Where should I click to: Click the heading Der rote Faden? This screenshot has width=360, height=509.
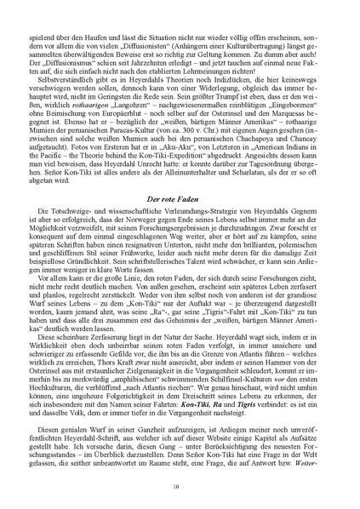[x=180, y=220]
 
